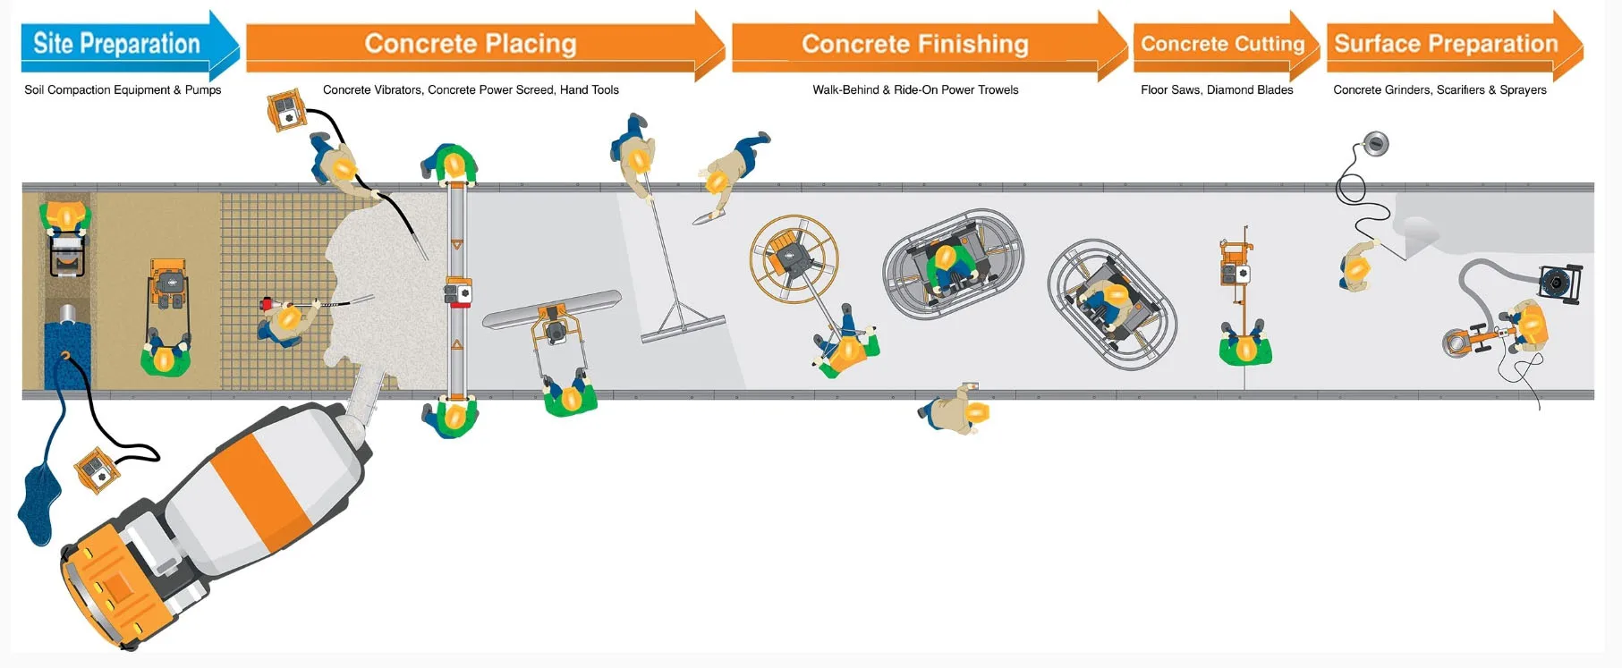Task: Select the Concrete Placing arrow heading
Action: point(471,44)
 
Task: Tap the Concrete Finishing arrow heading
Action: point(914,44)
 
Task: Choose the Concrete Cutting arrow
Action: point(1222,44)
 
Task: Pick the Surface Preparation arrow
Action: point(1446,44)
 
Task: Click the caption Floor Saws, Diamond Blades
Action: point(1217,89)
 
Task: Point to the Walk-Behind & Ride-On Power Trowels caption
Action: point(915,89)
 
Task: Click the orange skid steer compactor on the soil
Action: point(168,285)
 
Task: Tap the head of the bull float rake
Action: point(683,327)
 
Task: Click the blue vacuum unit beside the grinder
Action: point(1559,282)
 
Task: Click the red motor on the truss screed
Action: point(458,293)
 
